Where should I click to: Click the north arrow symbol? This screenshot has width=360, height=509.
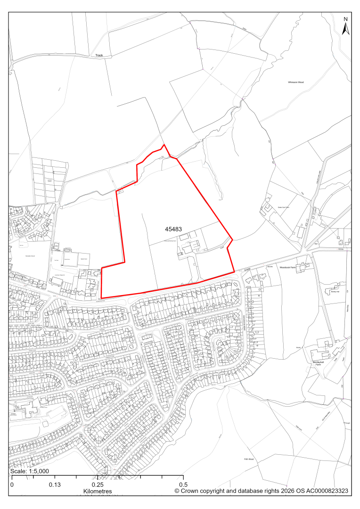point(345,29)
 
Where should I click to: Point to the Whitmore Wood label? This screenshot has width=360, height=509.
point(296,82)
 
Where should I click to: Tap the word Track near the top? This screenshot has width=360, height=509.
point(99,55)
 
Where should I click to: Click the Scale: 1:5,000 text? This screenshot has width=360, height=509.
point(30,471)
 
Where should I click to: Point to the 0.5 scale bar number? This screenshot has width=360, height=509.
point(183,484)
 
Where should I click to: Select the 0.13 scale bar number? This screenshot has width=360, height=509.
point(55,484)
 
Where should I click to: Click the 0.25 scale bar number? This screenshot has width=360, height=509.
point(98,484)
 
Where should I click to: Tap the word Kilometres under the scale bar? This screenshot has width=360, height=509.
point(98,492)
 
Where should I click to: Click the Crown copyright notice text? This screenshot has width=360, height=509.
point(261,491)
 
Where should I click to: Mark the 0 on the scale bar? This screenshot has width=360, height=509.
point(12,484)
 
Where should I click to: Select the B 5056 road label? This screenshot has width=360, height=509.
point(248,270)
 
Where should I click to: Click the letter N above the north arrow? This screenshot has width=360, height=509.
point(345,19)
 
